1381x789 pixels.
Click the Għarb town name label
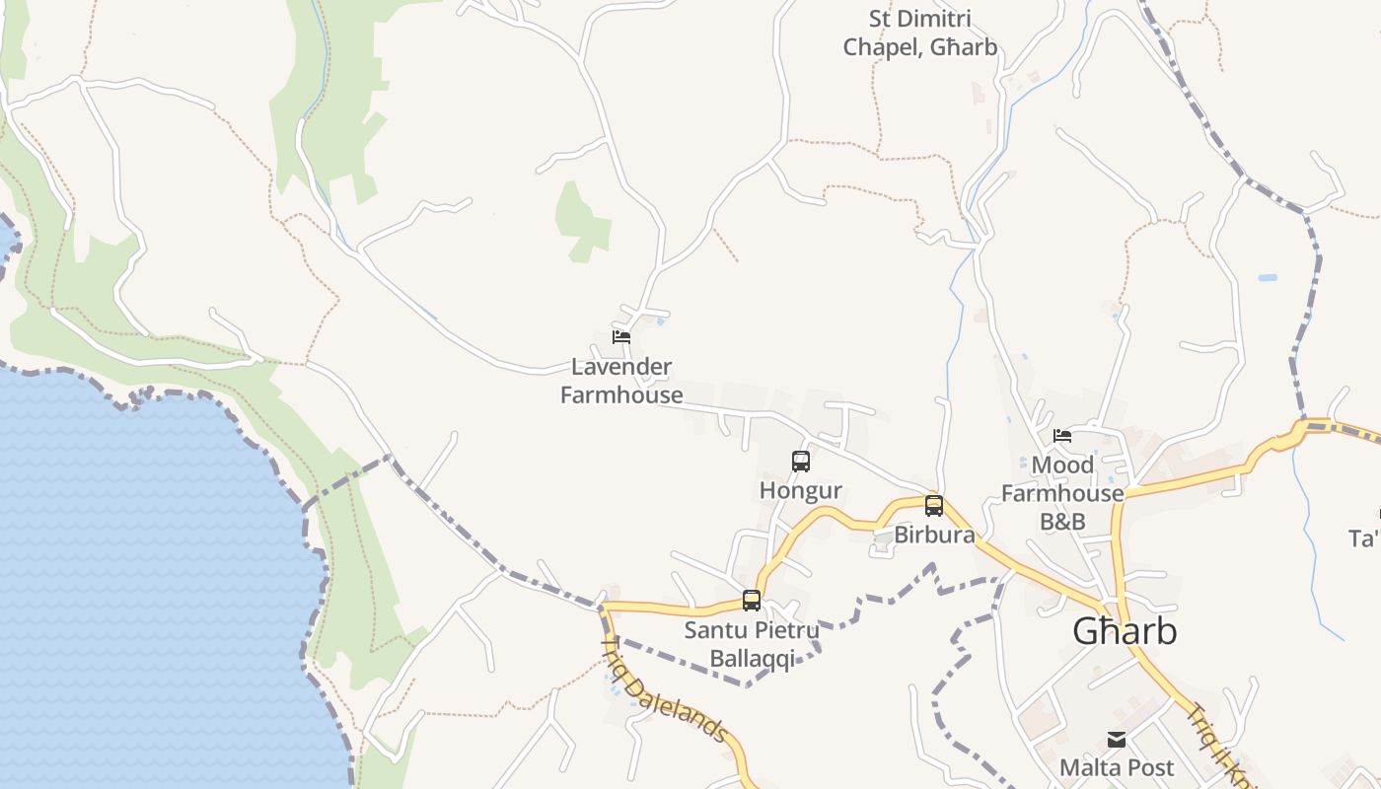1125,631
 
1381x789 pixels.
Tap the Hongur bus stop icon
801,461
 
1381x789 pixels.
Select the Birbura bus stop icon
933,506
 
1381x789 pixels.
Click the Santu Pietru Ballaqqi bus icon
752,600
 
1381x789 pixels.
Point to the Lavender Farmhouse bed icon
621,336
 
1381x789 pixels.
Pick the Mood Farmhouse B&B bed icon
1062,435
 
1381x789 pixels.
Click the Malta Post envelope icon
1117,739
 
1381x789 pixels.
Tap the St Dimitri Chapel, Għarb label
919,33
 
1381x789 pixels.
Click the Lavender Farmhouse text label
621,381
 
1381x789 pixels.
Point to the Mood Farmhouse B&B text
1062,493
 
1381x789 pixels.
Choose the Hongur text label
801,490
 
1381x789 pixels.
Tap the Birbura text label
934,536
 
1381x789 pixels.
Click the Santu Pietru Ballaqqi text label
752,644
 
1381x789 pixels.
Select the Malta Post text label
1117,767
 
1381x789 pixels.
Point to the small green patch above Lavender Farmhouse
582,222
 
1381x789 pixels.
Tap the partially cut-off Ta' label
1365,539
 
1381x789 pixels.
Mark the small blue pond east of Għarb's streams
1267,278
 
